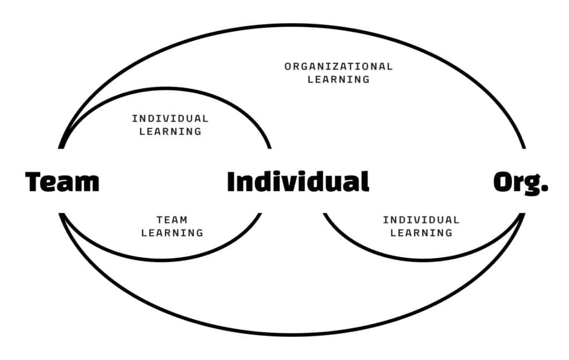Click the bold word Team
pos(62,182)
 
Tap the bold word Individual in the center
pos(298,181)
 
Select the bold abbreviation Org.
pos(521,183)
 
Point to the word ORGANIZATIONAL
pos(338,67)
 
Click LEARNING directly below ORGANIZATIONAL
pos(338,79)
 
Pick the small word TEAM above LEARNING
pos(172,220)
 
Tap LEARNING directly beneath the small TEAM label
pos(172,233)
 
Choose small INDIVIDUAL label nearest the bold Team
pos(170,119)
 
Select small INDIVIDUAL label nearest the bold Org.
pos(421,220)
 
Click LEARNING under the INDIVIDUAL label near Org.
pos(421,233)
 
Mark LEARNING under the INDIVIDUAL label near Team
pos(170,131)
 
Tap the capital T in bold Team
pos(33,182)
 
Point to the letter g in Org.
pos(531,185)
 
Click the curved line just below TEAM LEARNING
pos(162,260)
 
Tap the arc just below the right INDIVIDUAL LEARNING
pos(423,260)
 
